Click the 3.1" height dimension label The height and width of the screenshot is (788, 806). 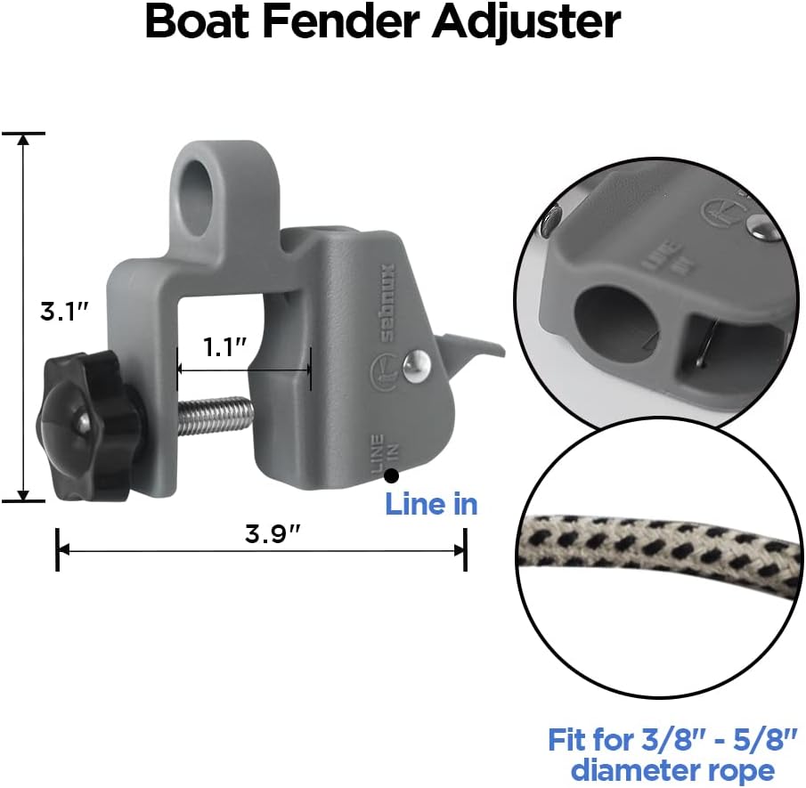64,313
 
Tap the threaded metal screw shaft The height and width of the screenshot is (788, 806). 216,416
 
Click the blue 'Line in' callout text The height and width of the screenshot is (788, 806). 431,504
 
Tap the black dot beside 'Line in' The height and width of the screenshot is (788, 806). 390,477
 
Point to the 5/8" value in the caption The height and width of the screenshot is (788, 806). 746,739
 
